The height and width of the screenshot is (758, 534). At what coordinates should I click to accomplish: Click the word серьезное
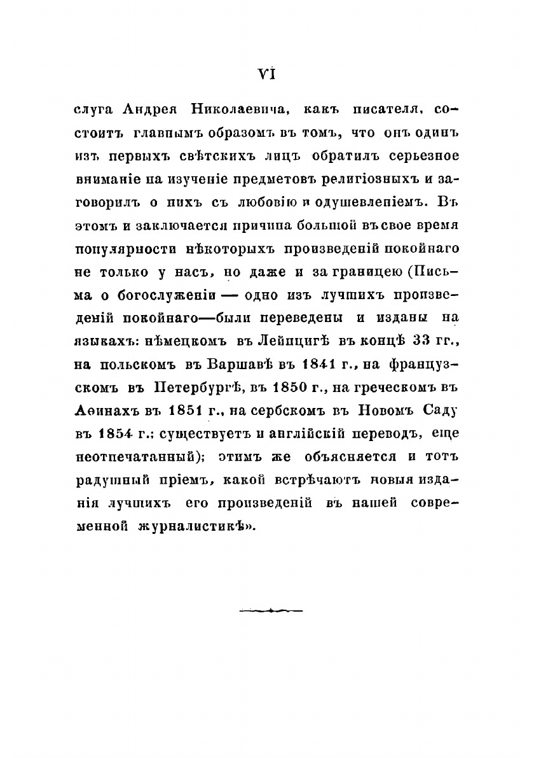[421, 155]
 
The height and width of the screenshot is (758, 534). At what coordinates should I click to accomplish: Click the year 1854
[116, 433]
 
